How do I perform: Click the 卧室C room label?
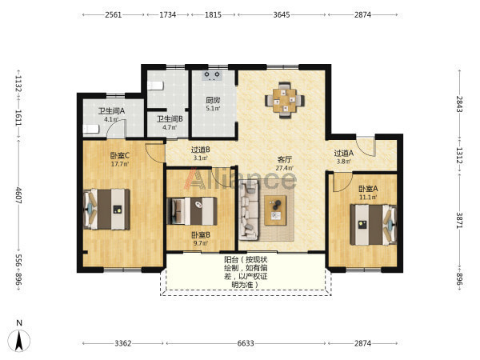120,155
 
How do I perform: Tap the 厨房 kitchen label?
213,100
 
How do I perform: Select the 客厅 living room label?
284,159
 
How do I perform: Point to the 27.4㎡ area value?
284,168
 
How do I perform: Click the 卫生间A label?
111,111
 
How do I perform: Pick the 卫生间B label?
170,118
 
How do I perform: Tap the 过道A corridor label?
343,153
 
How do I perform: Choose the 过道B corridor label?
201,150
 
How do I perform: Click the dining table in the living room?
285,100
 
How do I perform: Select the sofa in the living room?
249,210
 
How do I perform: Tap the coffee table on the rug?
275,210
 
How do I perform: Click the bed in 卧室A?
373,225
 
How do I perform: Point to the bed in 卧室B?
192,211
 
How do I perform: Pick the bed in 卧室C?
106,210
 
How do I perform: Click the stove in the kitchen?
212,75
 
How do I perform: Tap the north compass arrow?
19,341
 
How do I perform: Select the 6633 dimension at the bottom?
246,343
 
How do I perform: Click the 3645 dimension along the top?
282,14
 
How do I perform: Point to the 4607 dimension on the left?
18,195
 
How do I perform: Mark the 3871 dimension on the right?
459,221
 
